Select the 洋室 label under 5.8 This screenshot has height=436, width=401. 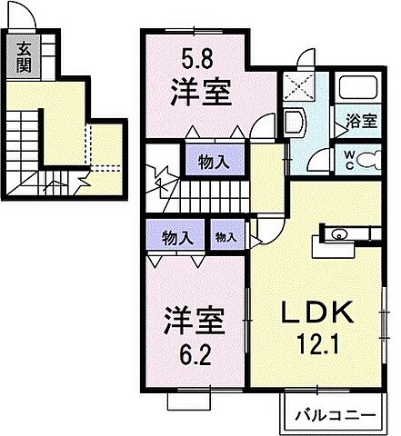coord(197,94)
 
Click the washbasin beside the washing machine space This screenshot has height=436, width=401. coord(293,124)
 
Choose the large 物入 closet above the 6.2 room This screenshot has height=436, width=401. coord(176,238)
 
